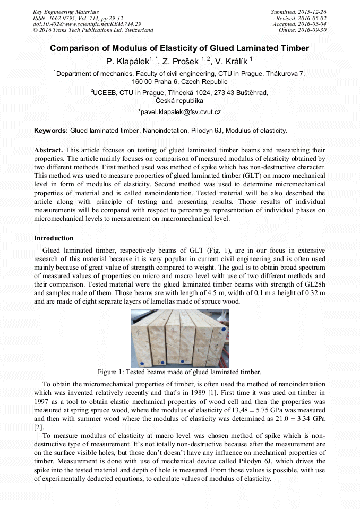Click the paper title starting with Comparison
point(179,48)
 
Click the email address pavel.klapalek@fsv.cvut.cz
point(179,112)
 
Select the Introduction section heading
point(54,238)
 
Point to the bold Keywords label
point(51,131)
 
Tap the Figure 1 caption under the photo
point(179,372)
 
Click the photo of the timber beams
point(179,338)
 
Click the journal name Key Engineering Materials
point(66,12)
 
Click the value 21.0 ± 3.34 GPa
point(296,420)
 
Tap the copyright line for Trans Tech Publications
point(93,30)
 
